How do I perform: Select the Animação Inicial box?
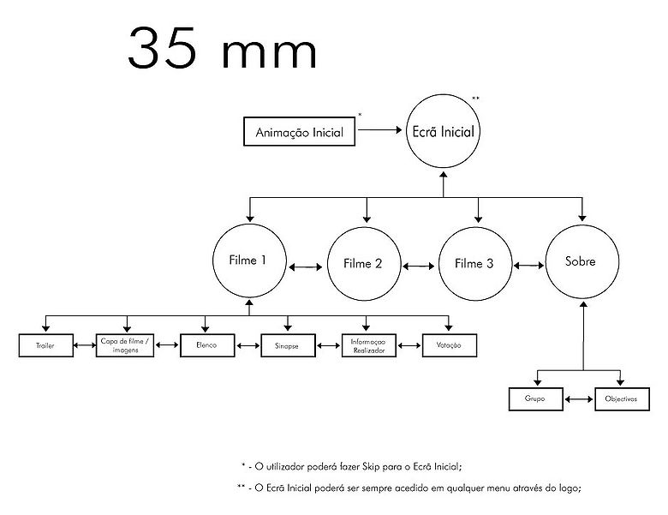(300, 133)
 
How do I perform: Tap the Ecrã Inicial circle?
(443, 132)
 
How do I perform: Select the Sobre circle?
(582, 260)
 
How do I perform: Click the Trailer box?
(45, 345)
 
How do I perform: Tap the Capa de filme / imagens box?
(126, 345)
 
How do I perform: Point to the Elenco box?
(206, 345)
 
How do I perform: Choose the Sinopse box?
(287, 345)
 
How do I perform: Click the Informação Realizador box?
(368, 345)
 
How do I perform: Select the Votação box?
(448, 345)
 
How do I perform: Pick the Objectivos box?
(621, 399)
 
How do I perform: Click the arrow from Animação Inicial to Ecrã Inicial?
(381, 131)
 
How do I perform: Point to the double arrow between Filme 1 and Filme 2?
(306, 266)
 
